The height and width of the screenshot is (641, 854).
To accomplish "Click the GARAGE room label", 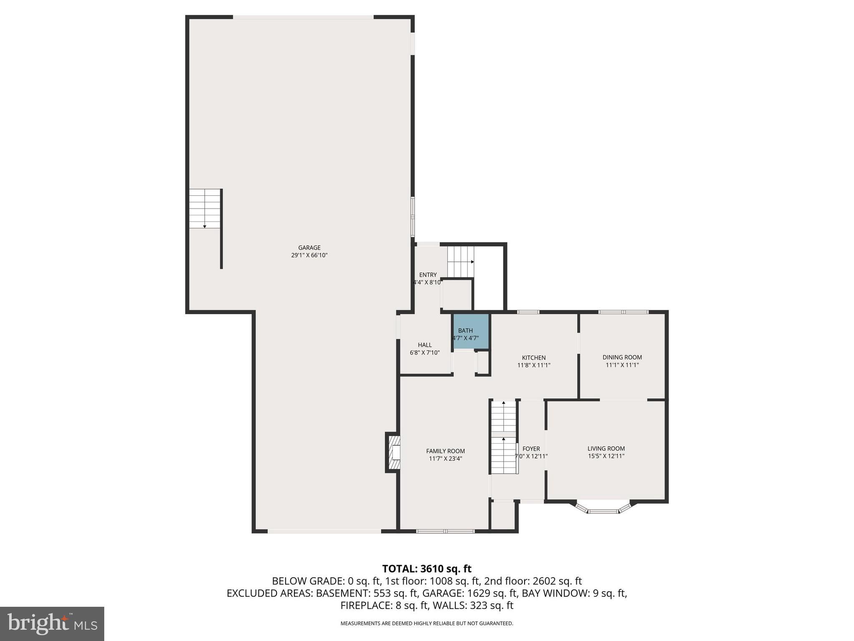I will tap(309, 247).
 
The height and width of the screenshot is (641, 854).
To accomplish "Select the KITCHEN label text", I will tap(534, 358).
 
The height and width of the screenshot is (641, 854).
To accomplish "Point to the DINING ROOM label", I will tap(622, 357).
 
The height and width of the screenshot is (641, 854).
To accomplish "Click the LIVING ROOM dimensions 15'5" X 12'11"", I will tap(606, 456).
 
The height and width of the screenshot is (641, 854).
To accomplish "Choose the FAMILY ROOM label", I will tap(445, 451).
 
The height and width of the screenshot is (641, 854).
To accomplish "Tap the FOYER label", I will tap(531, 449).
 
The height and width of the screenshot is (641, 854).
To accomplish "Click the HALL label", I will tap(424, 345).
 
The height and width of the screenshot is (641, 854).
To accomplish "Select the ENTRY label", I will tap(428, 275).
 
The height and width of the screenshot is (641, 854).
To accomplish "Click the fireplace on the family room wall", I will tap(394, 453).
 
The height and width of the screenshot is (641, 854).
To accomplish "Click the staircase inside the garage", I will tap(205, 209).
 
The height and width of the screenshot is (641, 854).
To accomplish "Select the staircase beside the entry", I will tap(460, 262).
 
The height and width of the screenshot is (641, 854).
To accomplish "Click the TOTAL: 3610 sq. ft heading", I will tap(427, 569).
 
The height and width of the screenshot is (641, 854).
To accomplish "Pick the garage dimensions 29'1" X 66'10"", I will tap(309, 255).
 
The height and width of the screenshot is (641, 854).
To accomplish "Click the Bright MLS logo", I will tap(52, 623).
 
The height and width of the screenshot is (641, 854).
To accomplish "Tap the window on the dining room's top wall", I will tap(623, 312).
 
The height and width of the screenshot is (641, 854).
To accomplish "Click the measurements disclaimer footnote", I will tap(427, 623).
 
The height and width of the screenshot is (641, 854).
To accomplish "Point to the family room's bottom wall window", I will tap(445, 531).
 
